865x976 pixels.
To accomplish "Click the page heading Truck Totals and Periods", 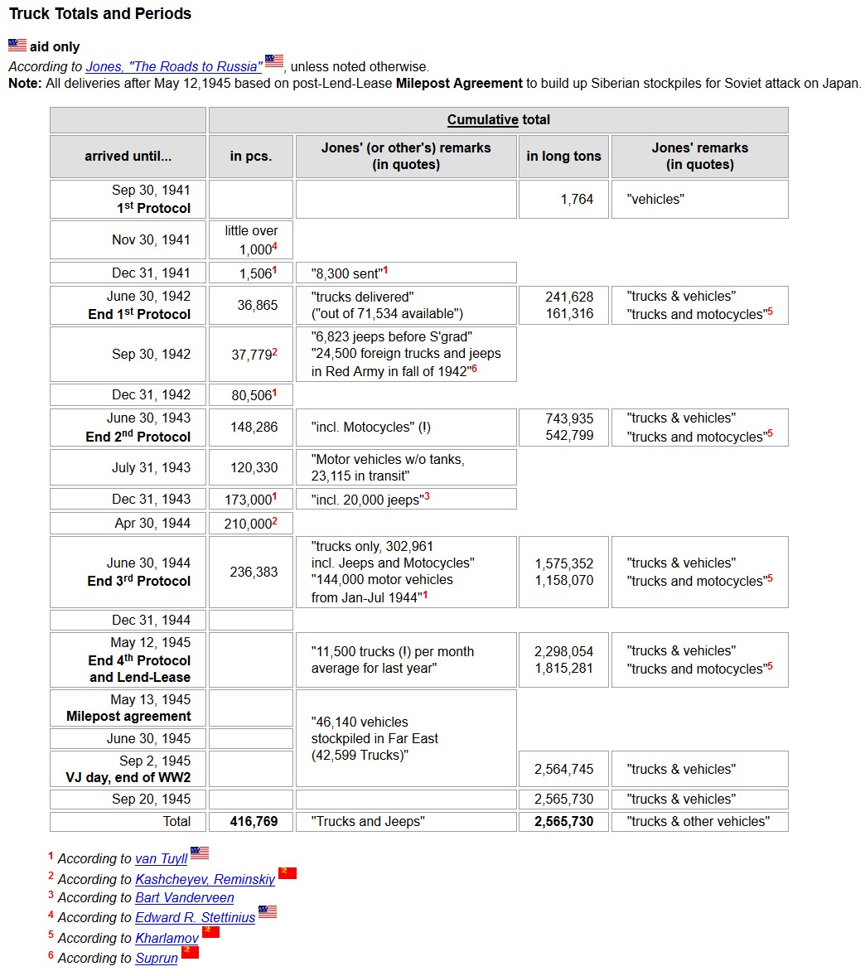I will [x=100, y=14].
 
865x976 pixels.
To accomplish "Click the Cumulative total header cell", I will [x=498, y=120].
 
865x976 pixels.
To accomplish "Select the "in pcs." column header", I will [x=251, y=156].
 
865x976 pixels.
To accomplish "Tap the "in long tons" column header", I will [x=563, y=156].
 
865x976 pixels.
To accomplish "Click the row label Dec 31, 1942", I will [x=151, y=395].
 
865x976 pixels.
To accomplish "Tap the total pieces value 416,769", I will [x=254, y=822].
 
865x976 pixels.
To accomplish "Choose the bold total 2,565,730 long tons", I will [x=563, y=822].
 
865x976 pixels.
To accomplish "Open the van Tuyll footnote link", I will [x=162, y=859].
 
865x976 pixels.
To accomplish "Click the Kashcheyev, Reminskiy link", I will [x=205, y=880].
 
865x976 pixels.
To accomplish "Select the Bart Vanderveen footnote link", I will [x=185, y=898].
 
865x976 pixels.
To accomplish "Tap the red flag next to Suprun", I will [x=191, y=952].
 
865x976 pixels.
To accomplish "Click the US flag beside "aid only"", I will [x=17, y=46].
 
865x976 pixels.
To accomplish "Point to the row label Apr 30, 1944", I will [x=152, y=524].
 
